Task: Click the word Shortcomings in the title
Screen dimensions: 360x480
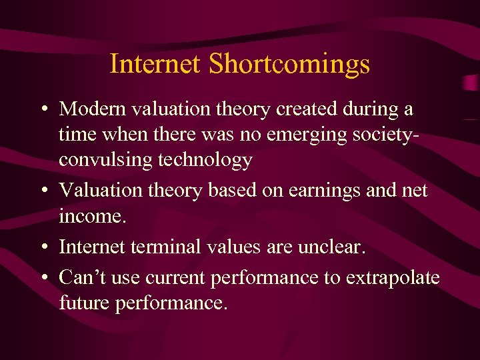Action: (x=289, y=65)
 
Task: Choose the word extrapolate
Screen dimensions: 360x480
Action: (x=393, y=277)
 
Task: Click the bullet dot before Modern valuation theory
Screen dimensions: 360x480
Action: (x=43, y=109)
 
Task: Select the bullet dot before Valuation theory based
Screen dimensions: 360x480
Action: (x=43, y=191)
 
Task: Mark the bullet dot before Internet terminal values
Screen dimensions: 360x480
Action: (x=43, y=247)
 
